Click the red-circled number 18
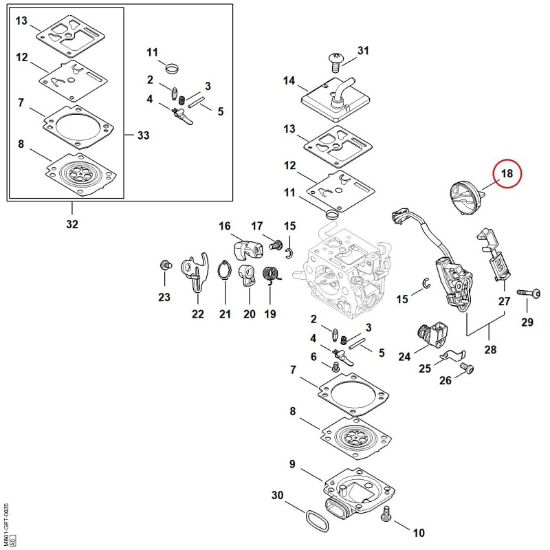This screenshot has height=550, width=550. click(x=507, y=174)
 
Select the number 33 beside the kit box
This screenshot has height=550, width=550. click(x=143, y=135)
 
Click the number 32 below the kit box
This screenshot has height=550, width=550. click(x=72, y=224)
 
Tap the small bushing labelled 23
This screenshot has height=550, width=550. click(x=165, y=265)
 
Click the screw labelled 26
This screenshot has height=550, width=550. click(x=467, y=368)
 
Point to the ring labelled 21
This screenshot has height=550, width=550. click(x=224, y=269)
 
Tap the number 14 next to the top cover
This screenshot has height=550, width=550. click(x=289, y=80)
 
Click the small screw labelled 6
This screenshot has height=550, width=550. click(x=336, y=367)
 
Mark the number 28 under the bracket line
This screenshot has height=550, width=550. click(x=490, y=349)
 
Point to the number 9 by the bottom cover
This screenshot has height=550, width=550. click(x=292, y=464)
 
